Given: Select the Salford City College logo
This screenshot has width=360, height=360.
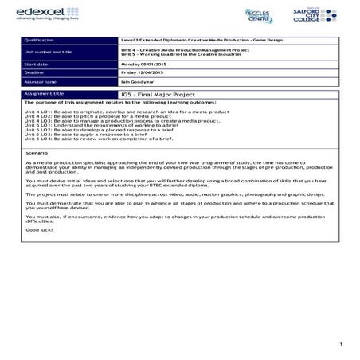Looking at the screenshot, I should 319,14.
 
